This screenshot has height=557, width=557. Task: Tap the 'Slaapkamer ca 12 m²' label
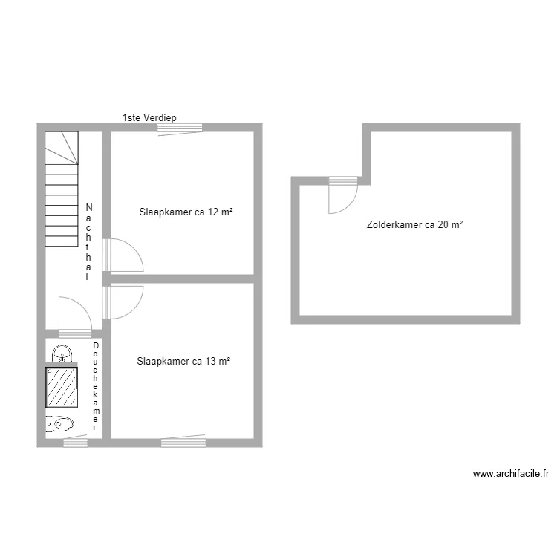tap(186, 212)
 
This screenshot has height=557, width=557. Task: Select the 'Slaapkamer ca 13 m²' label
tap(183, 362)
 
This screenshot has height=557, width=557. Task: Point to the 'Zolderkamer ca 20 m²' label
tap(414, 224)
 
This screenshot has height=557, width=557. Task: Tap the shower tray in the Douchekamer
tap(62, 386)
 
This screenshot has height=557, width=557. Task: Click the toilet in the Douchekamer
tap(60, 424)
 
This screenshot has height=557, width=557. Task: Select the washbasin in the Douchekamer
tap(62, 352)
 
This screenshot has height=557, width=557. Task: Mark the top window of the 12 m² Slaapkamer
tap(180, 128)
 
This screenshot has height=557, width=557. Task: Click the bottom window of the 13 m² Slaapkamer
tap(183, 442)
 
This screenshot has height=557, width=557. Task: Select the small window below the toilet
tap(75, 443)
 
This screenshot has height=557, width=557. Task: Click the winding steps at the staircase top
tap(62, 147)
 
